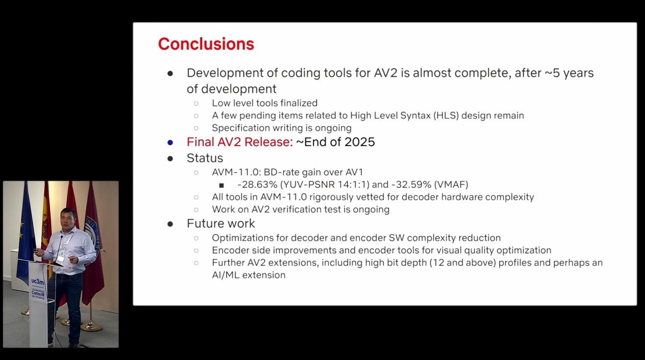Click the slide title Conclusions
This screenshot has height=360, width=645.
click(x=206, y=44)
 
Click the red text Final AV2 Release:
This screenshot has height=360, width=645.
click(x=239, y=142)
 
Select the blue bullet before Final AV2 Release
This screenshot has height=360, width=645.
click(x=170, y=143)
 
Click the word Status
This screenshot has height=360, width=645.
click(x=204, y=158)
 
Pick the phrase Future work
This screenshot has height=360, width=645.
click(x=221, y=224)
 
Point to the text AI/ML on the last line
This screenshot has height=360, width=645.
click(x=224, y=275)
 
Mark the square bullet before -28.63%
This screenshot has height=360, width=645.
click(x=222, y=185)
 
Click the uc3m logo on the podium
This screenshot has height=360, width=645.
click(x=38, y=282)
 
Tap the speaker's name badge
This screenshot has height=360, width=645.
click(x=60, y=258)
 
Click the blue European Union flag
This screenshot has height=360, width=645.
click(x=25, y=231)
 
